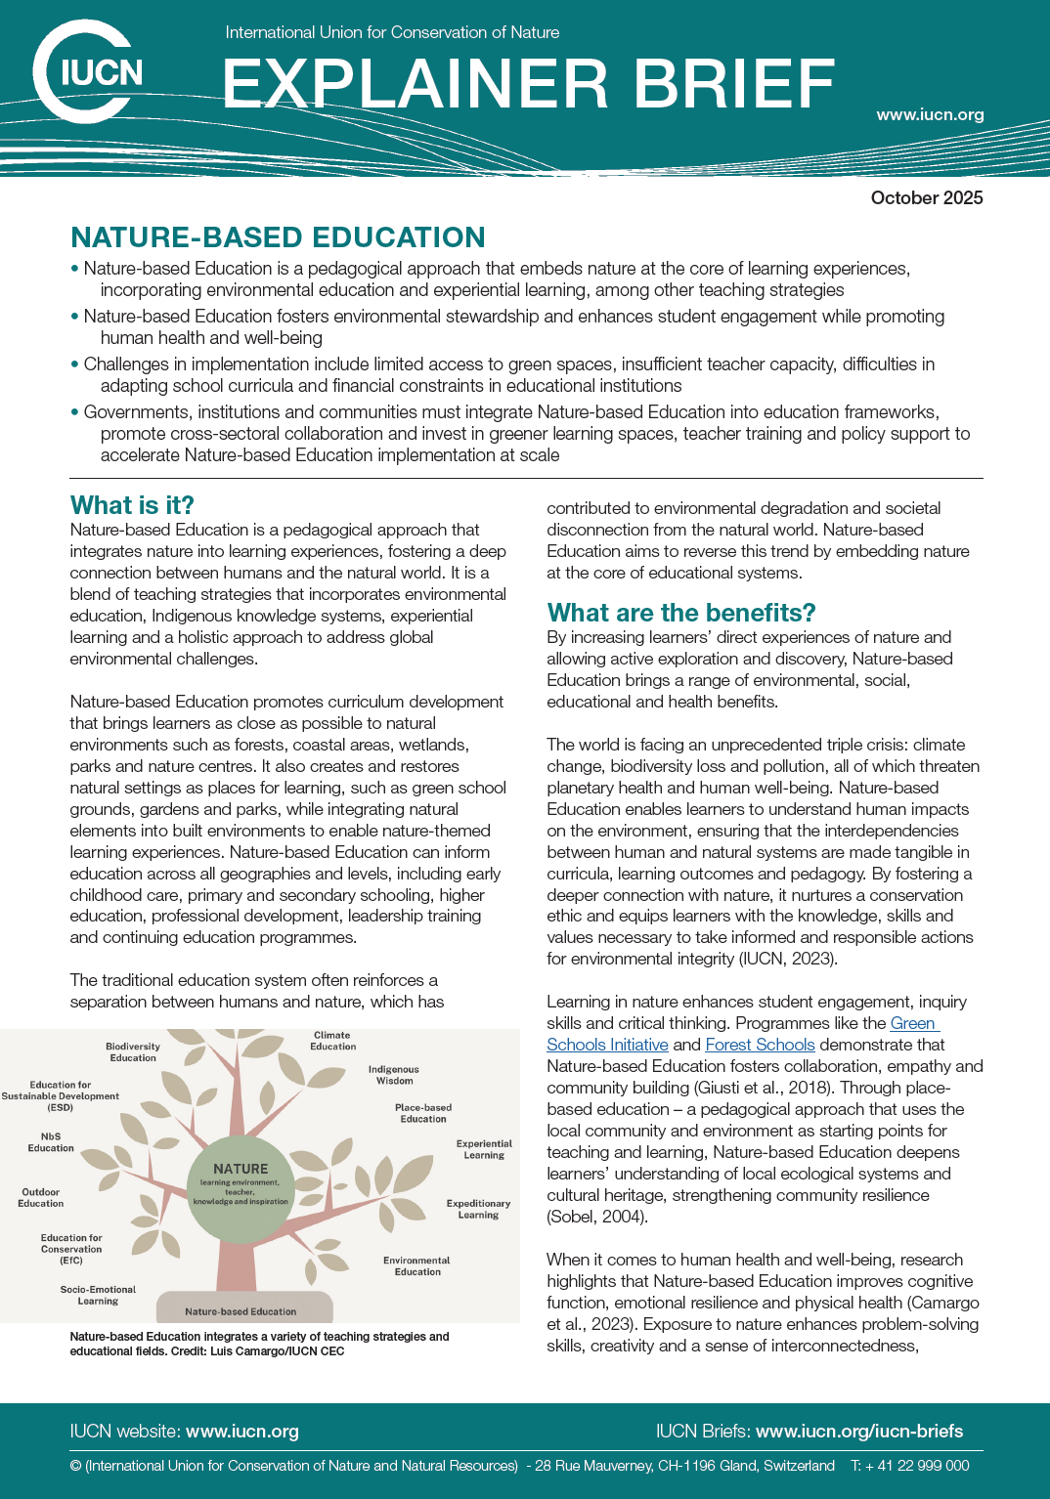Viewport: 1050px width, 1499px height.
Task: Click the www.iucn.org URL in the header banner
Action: point(930,114)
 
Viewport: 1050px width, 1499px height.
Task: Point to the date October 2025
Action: point(926,197)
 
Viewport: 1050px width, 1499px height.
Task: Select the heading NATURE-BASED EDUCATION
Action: point(278,237)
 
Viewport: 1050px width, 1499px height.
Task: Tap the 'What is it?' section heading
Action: point(132,505)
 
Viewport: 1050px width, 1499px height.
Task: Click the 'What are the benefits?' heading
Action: point(681,613)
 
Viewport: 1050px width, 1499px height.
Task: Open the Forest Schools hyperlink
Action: point(760,1045)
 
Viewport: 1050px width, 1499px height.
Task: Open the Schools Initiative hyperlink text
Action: point(607,1045)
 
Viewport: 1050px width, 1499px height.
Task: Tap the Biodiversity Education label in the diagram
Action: point(133,1051)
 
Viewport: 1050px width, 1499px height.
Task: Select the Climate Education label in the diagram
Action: point(332,1041)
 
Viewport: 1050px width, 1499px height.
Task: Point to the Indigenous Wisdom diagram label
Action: point(393,1075)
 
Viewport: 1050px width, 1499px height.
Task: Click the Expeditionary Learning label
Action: point(478,1209)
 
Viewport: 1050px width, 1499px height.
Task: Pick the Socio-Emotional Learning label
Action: point(98,1295)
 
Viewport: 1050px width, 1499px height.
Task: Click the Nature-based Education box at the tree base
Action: point(241,1311)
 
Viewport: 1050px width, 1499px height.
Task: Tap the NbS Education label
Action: point(51,1142)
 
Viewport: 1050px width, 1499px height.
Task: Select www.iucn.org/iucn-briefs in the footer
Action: point(858,1432)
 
